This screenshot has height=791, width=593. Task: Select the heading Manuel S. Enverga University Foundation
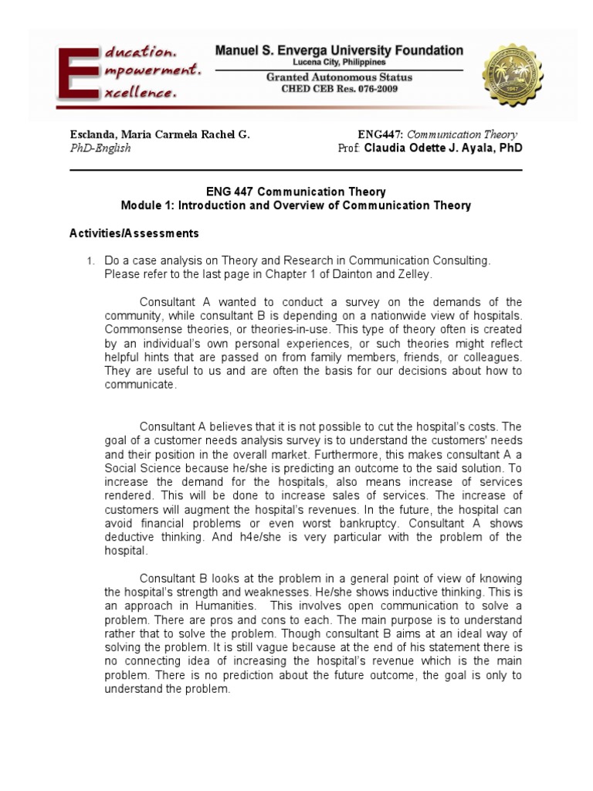(x=339, y=51)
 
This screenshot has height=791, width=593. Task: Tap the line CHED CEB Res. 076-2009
(x=339, y=89)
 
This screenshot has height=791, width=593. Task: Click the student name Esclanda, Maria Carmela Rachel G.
(x=160, y=134)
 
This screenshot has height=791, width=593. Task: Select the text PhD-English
(x=100, y=148)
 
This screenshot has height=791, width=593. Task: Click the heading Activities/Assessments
(x=134, y=233)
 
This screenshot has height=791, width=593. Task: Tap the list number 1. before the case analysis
(x=90, y=261)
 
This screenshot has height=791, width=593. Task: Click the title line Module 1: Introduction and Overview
(x=296, y=205)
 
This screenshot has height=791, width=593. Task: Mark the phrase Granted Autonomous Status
(x=339, y=77)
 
